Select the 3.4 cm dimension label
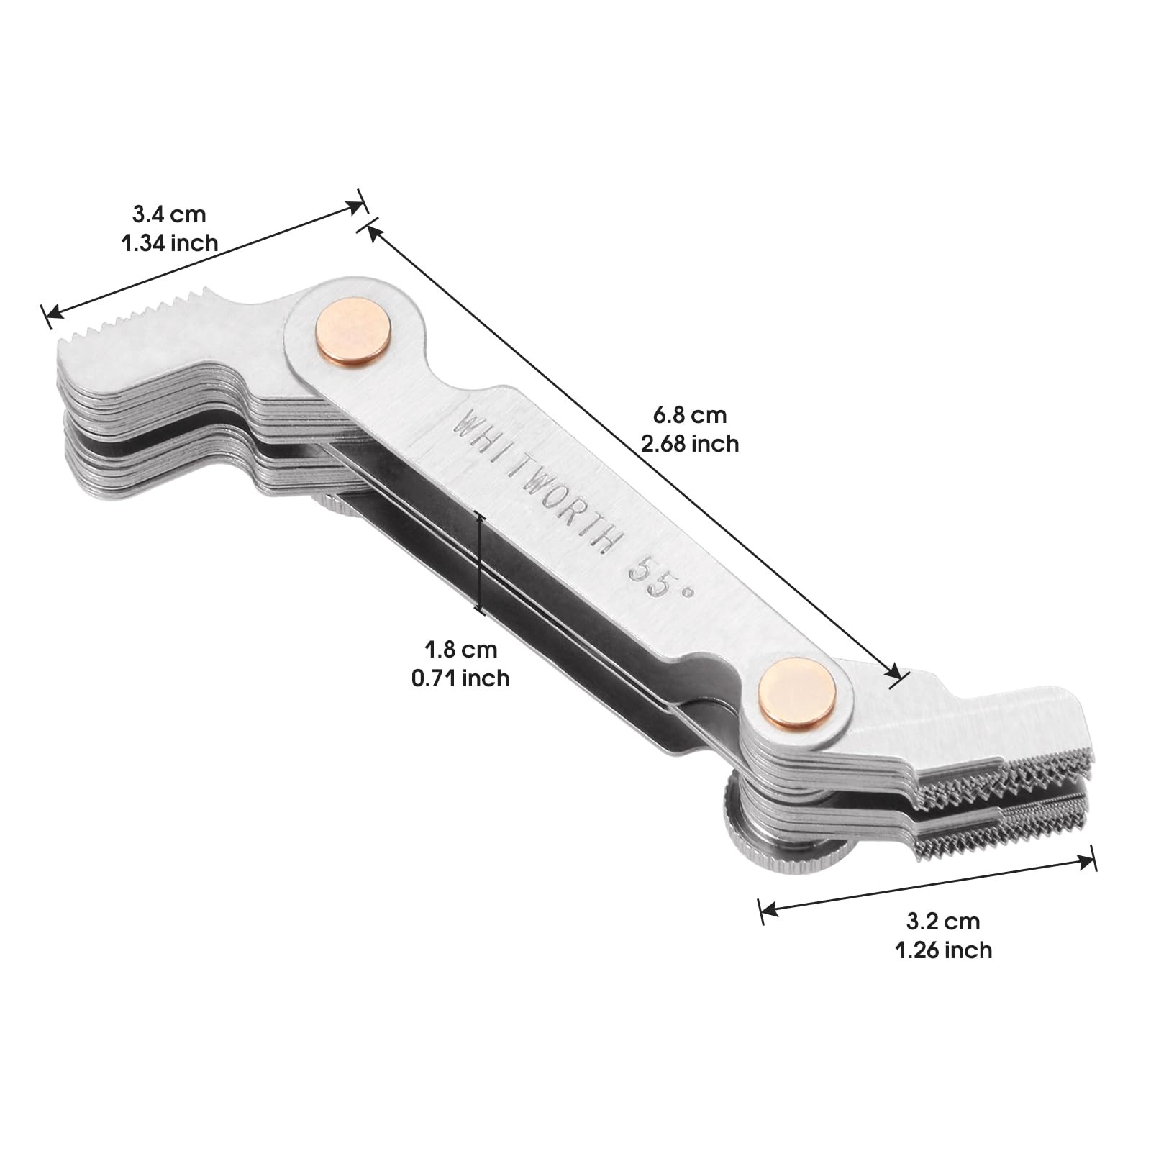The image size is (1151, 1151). [x=169, y=214]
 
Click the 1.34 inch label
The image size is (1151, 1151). [x=169, y=243]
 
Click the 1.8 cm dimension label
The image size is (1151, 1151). [x=461, y=649]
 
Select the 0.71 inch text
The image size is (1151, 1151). [x=461, y=678]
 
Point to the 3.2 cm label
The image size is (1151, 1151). [x=943, y=921]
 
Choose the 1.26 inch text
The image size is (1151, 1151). [x=943, y=950]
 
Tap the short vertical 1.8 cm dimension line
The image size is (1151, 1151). [x=480, y=562]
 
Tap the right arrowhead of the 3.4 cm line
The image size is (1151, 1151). [x=357, y=206]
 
